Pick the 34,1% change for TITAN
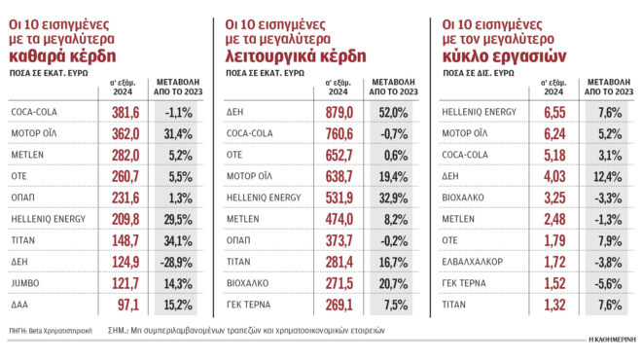(x=178, y=240)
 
